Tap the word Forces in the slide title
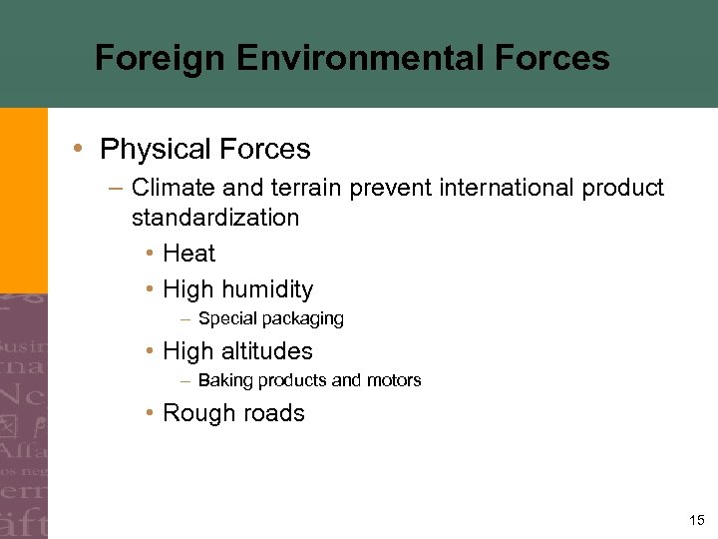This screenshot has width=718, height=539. (x=552, y=58)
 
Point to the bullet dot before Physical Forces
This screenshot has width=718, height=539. (x=78, y=150)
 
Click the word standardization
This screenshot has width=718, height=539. (x=214, y=218)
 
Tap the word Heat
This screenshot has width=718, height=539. (x=188, y=254)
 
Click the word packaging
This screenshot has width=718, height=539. (x=303, y=319)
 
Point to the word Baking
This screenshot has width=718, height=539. (x=222, y=380)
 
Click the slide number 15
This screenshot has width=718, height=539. (x=696, y=520)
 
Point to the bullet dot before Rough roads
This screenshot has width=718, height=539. (x=147, y=413)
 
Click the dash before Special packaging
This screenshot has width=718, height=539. (x=185, y=319)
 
